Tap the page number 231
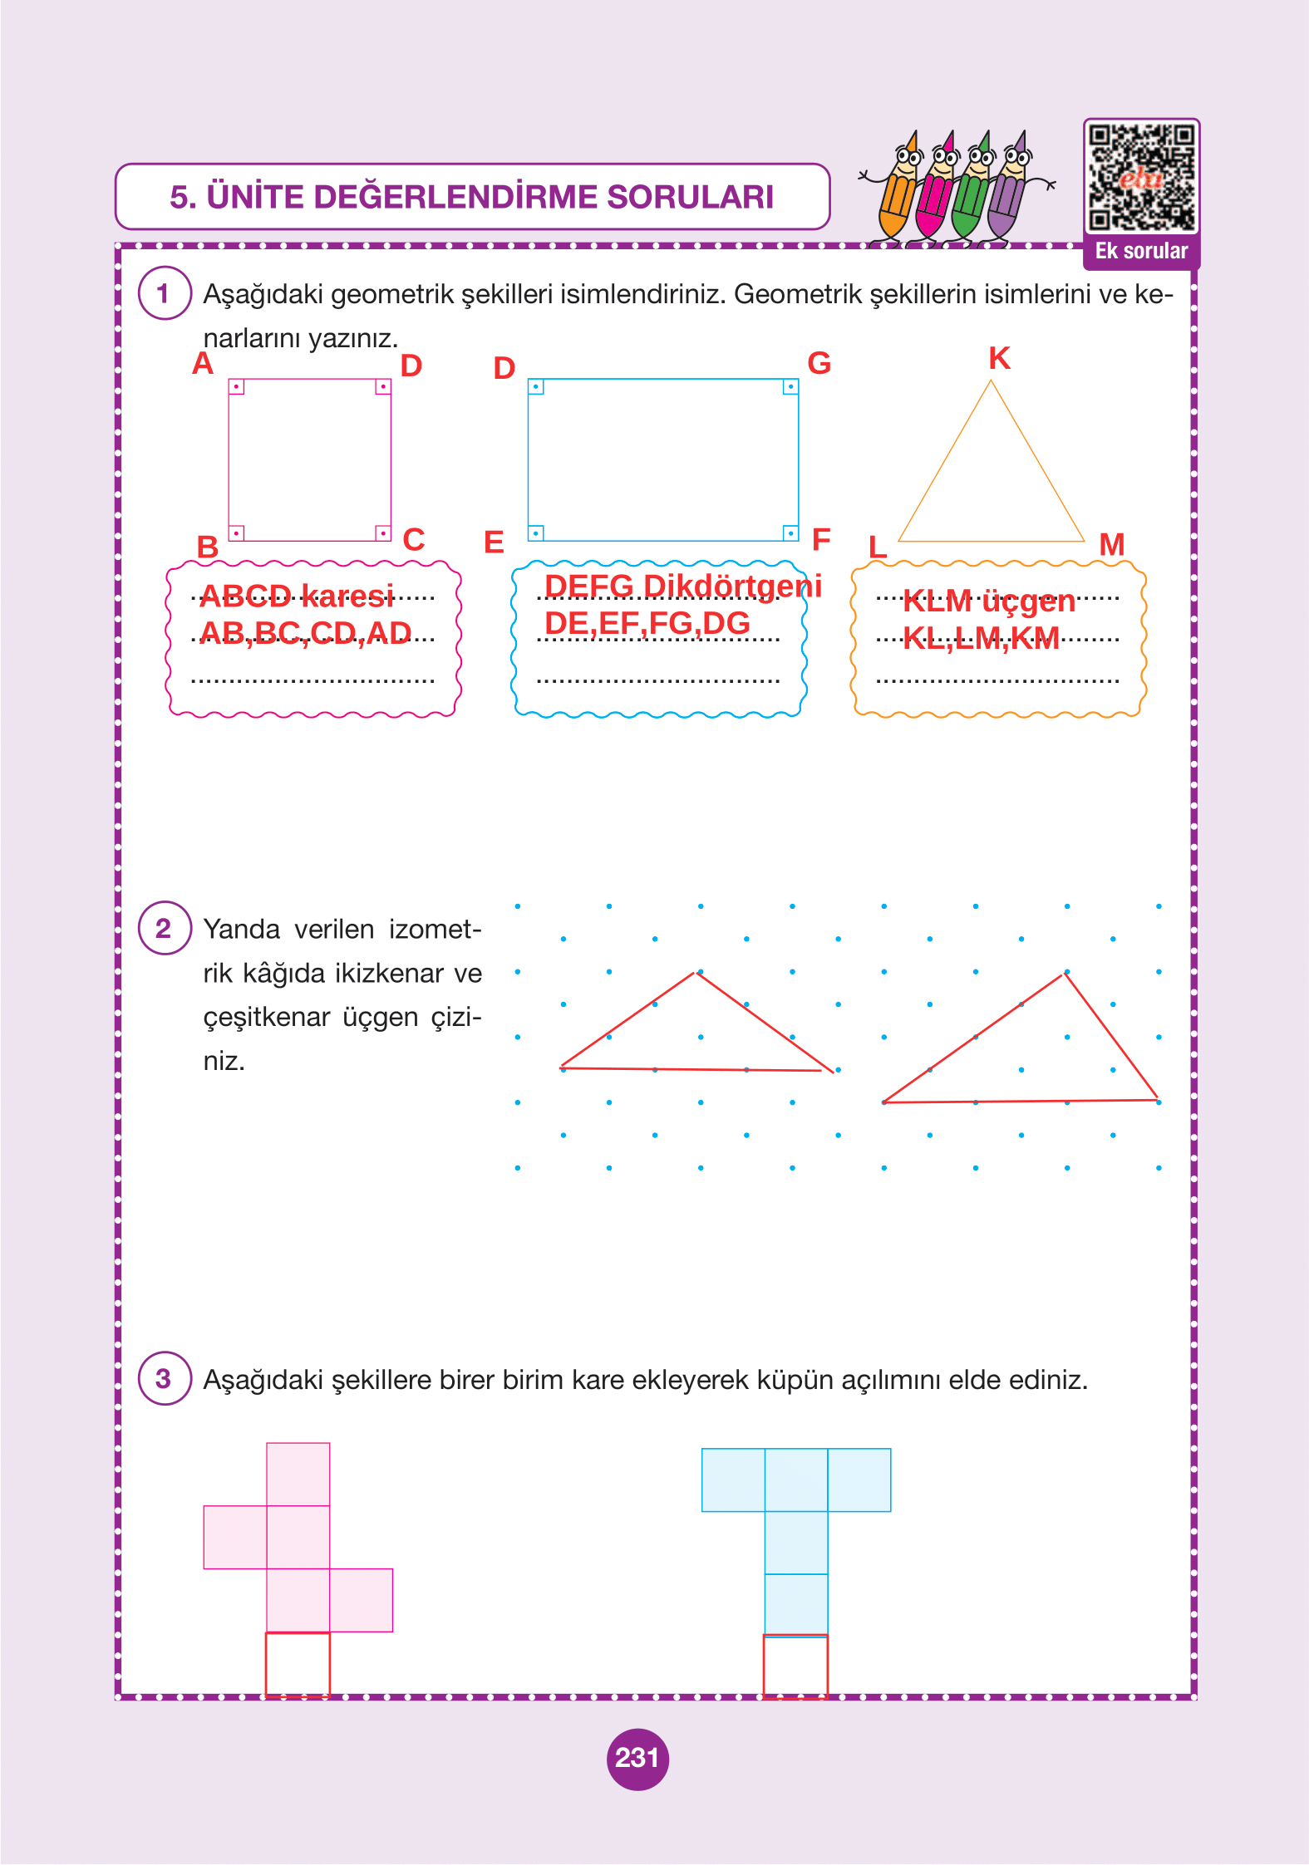tap(637, 1758)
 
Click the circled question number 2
tap(164, 928)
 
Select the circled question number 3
tap(164, 1378)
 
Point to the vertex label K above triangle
tap(999, 359)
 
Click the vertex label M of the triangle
tap(1111, 545)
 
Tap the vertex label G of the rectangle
tap(819, 363)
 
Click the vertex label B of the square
tap(207, 547)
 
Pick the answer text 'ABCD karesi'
tap(297, 596)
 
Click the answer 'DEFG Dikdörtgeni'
tap(682, 586)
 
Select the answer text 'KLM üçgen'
tap(988, 601)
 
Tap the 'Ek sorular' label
tap(1141, 252)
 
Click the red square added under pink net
tap(298, 1664)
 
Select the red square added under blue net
tap(795, 1666)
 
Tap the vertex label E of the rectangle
tap(494, 542)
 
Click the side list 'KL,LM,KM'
tap(981, 638)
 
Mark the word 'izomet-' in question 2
tap(435, 929)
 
